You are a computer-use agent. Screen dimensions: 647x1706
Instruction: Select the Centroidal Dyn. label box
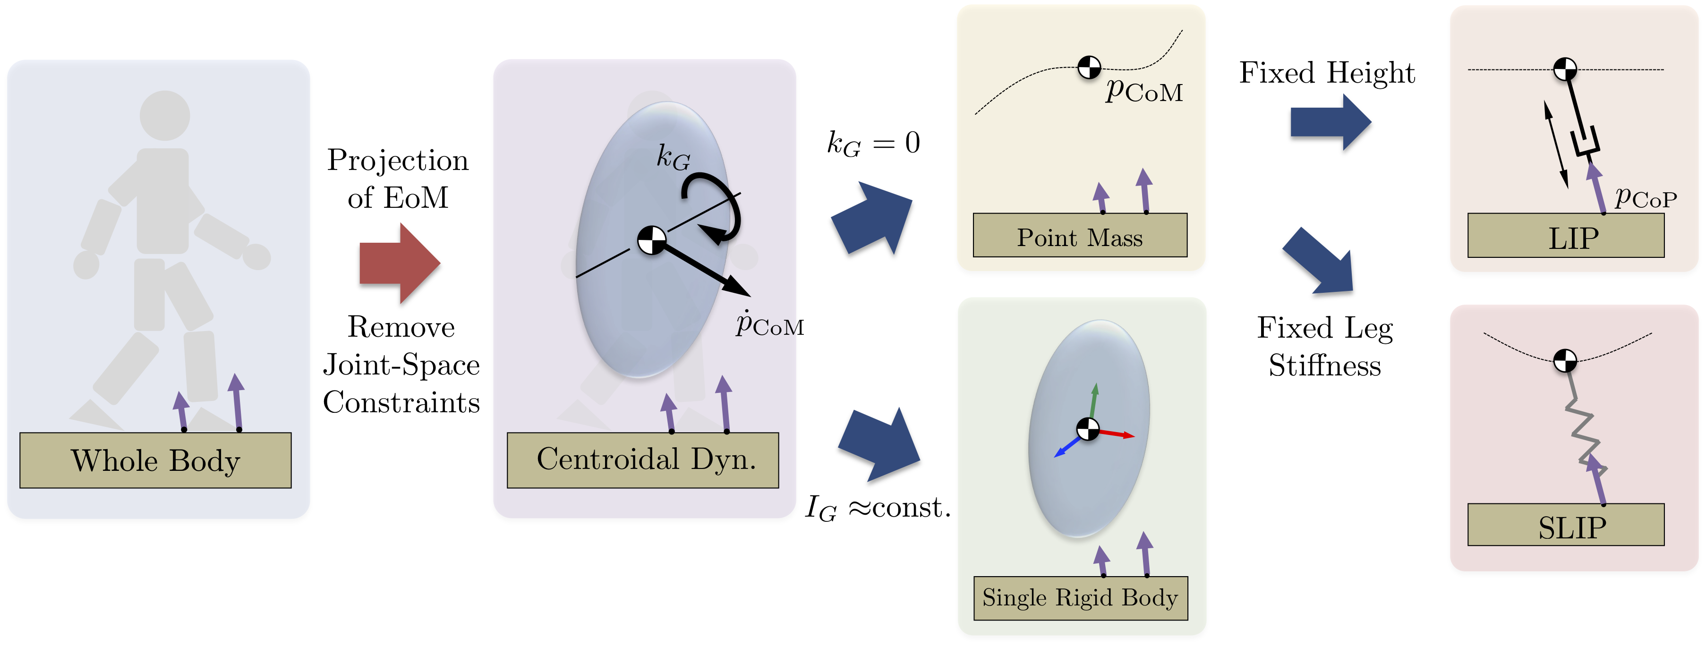tap(642, 460)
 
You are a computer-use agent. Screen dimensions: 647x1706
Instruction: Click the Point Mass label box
tap(1080, 236)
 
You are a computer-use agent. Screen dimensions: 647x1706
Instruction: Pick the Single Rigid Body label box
tap(1080, 598)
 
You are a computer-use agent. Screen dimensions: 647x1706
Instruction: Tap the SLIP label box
tap(1566, 525)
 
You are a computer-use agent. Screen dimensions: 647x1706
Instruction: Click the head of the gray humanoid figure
tap(165, 115)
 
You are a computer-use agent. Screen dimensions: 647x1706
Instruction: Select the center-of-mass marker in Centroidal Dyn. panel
tap(652, 240)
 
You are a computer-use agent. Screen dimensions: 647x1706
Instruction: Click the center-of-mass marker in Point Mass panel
tap(1089, 67)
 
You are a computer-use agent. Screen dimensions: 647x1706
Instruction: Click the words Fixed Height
tap(1327, 73)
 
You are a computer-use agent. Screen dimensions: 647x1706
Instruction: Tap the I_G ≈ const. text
tap(878, 508)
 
